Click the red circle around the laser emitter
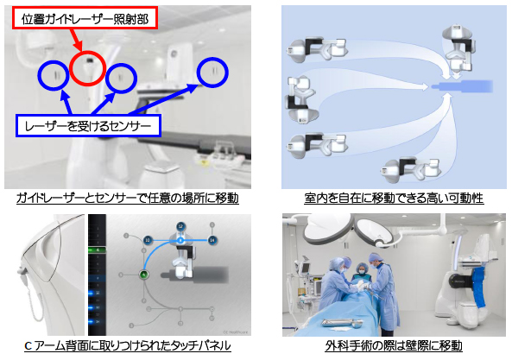72,68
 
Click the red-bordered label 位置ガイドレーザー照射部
85,19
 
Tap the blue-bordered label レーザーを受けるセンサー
88,126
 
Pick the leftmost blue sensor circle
39,75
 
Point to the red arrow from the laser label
75,40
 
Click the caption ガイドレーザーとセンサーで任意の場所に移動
128,198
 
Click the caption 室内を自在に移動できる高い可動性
394,198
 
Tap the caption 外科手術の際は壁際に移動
394,345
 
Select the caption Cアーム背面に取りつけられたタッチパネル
128,345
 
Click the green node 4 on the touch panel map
143,275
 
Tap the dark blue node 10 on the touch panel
148,240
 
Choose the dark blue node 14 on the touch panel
213,240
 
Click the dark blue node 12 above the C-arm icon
180,226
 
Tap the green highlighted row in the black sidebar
97,250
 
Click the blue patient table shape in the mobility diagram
462,86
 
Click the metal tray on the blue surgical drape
342,323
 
